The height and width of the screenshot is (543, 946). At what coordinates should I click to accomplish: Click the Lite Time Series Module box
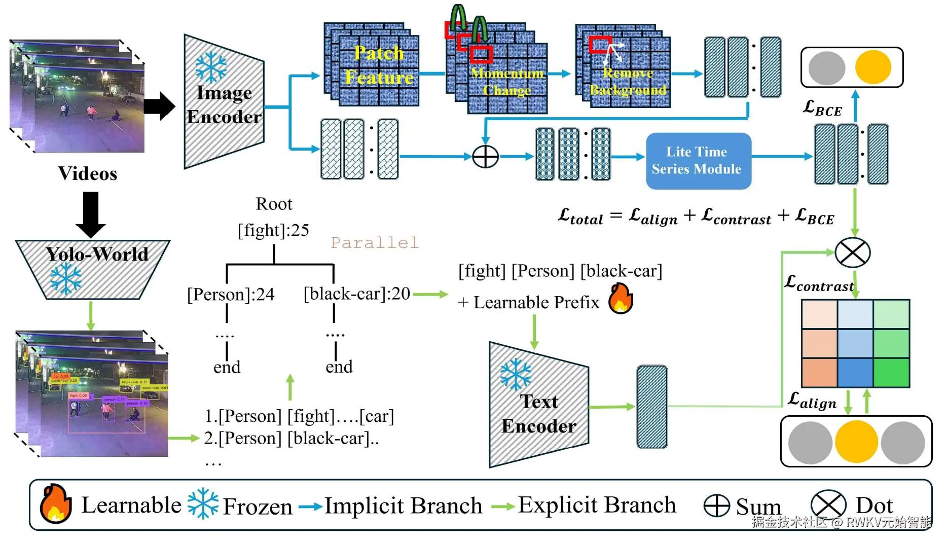(698, 161)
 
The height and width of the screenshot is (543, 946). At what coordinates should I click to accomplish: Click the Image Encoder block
(224, 104)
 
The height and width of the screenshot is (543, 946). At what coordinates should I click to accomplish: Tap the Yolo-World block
(93, 269)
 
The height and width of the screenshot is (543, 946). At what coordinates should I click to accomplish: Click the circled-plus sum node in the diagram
(485, 157)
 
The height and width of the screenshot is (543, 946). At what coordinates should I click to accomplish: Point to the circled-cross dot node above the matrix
(852, 252)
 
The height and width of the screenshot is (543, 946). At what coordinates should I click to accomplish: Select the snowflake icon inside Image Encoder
(211, 67)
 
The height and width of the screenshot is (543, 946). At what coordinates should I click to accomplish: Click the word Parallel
(375, 243)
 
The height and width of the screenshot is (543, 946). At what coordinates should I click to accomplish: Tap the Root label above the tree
(274, 204)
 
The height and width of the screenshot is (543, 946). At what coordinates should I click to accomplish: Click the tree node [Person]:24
(231, 295)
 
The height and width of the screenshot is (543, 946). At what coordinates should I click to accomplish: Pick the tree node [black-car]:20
(357, 294)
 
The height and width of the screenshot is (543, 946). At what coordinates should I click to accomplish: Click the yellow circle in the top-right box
(872, 67)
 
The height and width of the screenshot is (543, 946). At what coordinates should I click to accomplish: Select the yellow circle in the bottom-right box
(856, 442)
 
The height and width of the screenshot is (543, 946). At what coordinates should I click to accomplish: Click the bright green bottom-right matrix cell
(891, 373)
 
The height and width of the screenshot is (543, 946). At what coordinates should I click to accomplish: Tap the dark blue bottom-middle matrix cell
(855, 373)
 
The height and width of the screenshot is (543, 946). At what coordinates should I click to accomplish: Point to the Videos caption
(87, 173)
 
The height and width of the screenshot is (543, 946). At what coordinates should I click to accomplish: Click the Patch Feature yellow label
(379, 65)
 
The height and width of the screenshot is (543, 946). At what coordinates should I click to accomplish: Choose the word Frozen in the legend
(258, 506)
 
